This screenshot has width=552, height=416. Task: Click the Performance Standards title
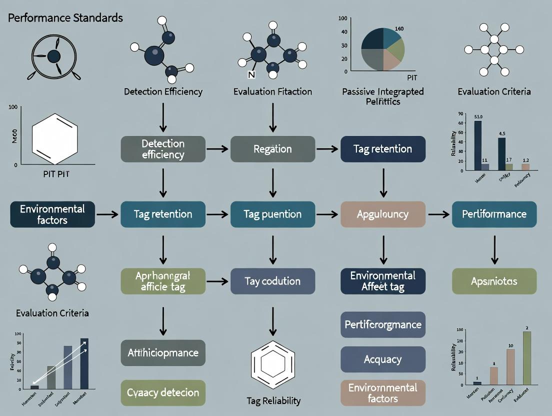pos(65,18)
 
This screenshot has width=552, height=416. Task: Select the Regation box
pos(272,149)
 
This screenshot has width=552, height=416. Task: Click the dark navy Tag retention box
pos(382,149)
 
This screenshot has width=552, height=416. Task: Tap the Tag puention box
pos(272,214)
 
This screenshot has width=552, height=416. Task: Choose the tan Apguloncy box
pos(382,214)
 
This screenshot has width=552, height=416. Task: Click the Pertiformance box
pos(494,214)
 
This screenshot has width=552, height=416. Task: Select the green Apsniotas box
pos(494,281)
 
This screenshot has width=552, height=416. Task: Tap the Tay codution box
pos(272,281)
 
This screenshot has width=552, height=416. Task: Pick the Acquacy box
pos(382,359)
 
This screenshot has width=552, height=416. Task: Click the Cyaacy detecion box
pos(163,392)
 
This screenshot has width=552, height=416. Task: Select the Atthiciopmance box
pos(163,352)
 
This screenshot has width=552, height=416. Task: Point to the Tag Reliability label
pos(273,401)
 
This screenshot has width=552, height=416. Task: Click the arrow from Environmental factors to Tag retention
pos(107,214)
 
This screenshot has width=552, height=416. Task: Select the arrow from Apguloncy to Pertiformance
pos(438,214)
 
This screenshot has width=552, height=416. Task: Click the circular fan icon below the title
pos(53,57)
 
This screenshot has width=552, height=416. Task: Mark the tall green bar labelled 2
pos(526,358)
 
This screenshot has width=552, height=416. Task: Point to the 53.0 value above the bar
pos(477,116)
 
